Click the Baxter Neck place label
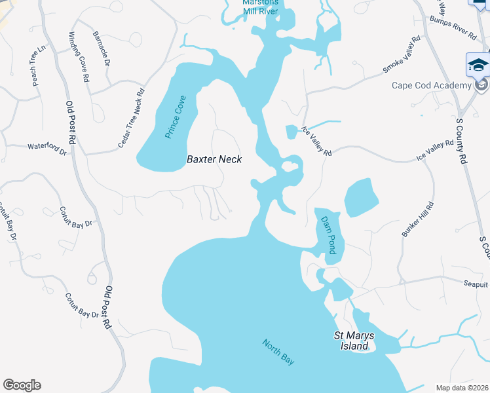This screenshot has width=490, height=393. pos(214,159)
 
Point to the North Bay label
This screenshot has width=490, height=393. pos(279,351)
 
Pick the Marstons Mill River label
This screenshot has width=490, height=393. pos(260,6)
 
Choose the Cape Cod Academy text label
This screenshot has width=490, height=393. pos(431,85)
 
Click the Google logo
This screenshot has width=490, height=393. pos(22,385)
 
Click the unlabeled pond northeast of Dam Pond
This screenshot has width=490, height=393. pos(361,196)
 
